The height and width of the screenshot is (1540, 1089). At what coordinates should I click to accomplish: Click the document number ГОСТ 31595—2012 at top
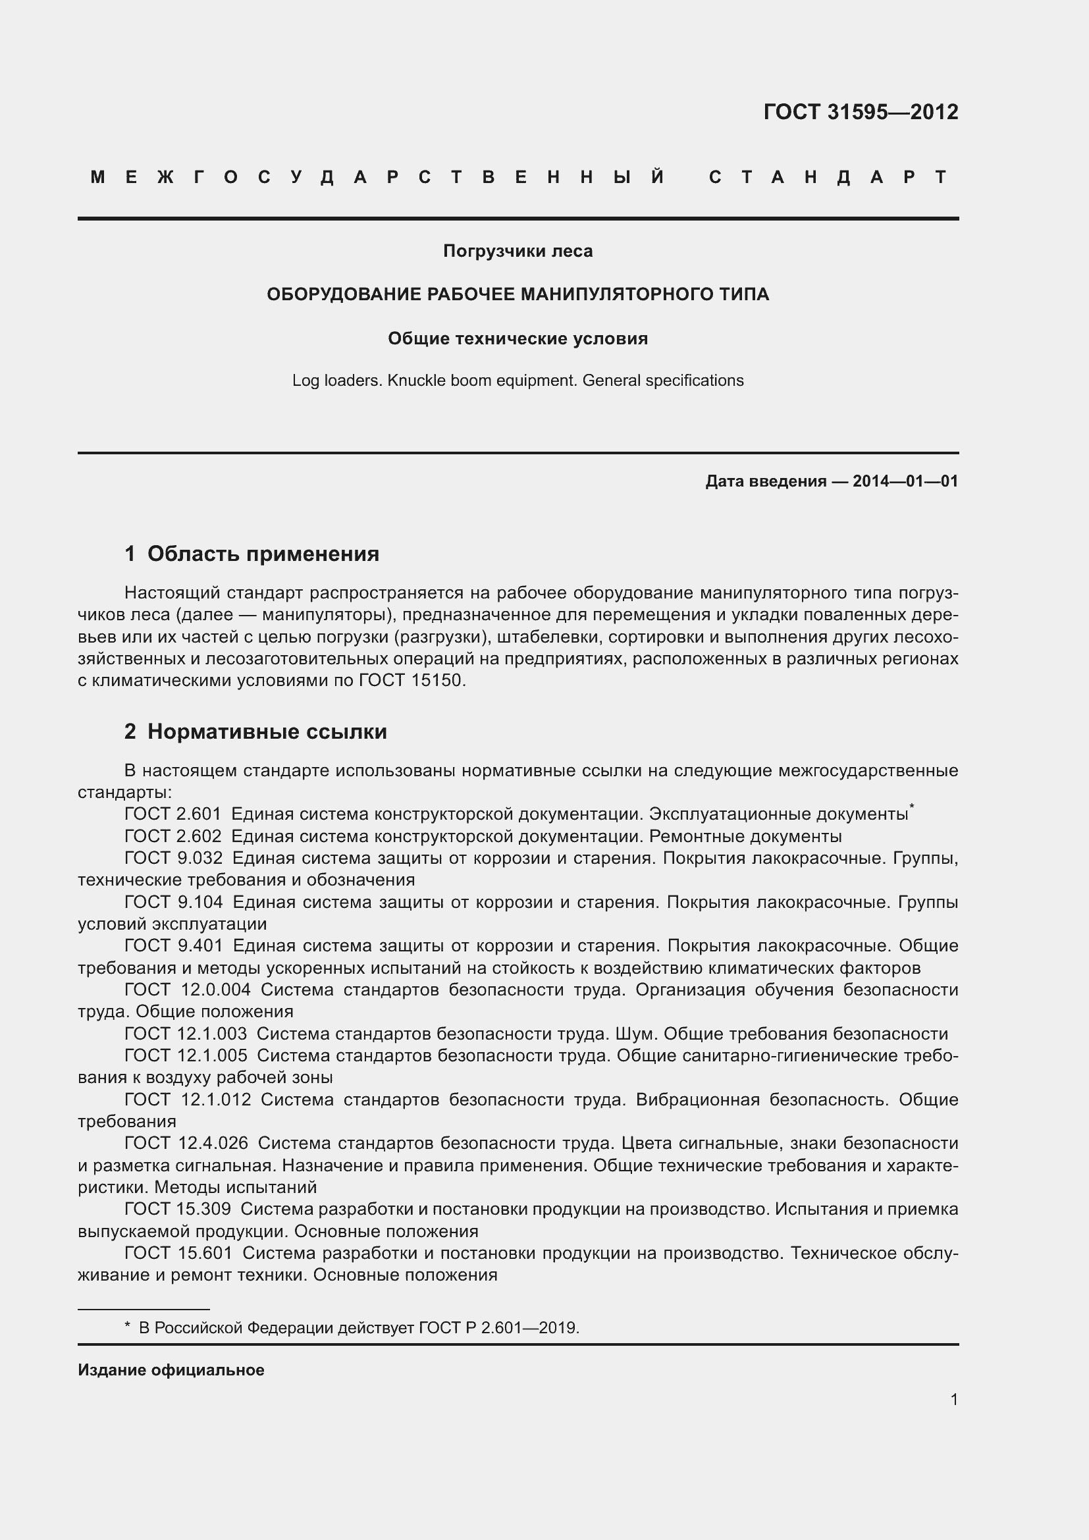(861, 111)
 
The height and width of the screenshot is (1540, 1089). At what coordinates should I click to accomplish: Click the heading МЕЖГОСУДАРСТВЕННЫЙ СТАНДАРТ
(518, 177)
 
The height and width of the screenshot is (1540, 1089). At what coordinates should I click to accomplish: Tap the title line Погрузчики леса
(518, 251)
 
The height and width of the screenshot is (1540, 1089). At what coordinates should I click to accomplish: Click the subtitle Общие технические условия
(518, 338)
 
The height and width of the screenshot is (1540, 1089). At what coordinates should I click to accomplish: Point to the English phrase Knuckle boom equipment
(482, 381)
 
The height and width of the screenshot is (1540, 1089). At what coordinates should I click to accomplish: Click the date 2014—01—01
(905, 481)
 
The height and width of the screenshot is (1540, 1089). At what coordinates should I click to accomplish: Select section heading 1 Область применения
(252, 553)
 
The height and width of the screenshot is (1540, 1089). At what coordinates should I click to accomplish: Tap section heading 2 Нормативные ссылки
(255, 731)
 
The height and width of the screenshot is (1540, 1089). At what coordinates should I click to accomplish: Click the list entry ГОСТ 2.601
(173, 814)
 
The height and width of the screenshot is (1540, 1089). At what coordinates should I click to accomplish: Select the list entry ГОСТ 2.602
(173, 836)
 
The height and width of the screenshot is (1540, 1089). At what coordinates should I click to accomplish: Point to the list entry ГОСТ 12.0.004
(187, 990)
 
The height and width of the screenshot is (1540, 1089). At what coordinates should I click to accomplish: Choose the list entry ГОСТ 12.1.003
(185, 1034)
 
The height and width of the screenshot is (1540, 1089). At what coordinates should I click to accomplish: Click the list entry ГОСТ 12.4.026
(186, 1144)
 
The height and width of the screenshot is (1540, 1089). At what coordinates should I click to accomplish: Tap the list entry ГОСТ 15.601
(178, 1253)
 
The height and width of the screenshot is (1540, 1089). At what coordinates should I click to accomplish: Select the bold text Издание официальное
(171, 1369)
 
